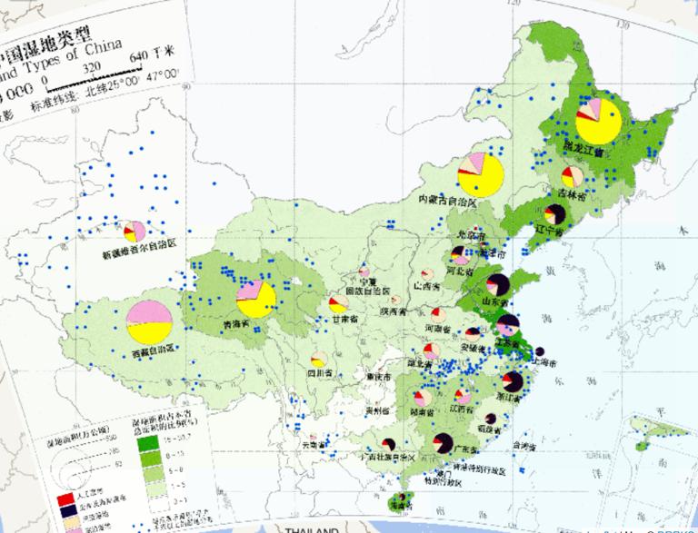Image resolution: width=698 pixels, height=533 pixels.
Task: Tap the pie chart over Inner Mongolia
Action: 481,174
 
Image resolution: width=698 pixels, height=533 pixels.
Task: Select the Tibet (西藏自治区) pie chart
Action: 150,319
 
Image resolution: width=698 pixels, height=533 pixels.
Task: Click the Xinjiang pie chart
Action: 135,229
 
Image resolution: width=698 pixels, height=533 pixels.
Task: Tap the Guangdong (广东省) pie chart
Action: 444,442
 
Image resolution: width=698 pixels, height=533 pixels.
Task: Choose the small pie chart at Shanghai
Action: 539,350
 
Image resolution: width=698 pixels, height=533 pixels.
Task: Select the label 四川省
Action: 317,370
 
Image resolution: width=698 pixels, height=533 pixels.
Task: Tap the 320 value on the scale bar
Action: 91,67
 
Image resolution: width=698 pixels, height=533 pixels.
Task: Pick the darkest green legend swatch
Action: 146,444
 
